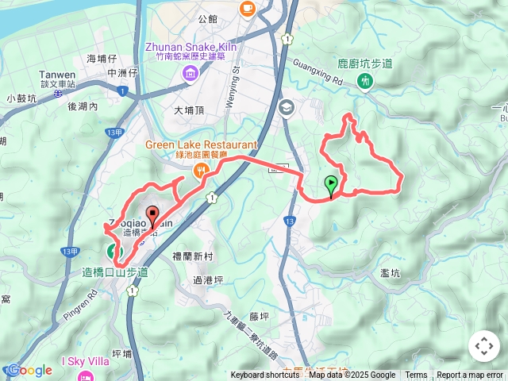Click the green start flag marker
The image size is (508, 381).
tap(330, 186)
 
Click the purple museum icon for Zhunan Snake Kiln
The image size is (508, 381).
tap(190, 74)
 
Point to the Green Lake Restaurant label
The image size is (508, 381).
tap(202, 144)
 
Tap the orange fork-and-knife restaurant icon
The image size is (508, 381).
tap(202, 168)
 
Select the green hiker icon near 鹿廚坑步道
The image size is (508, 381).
tap(364, 80)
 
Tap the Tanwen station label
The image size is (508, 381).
tap(57, 75)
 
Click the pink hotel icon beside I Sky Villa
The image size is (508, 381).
tap(86, 375)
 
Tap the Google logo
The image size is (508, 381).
tap(29, 370)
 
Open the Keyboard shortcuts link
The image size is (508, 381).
tap(265, 375)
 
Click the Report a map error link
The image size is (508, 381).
tap(471, 375)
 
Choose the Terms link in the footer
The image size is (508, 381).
tap(416, 375)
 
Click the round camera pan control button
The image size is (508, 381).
tap(483, 346)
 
